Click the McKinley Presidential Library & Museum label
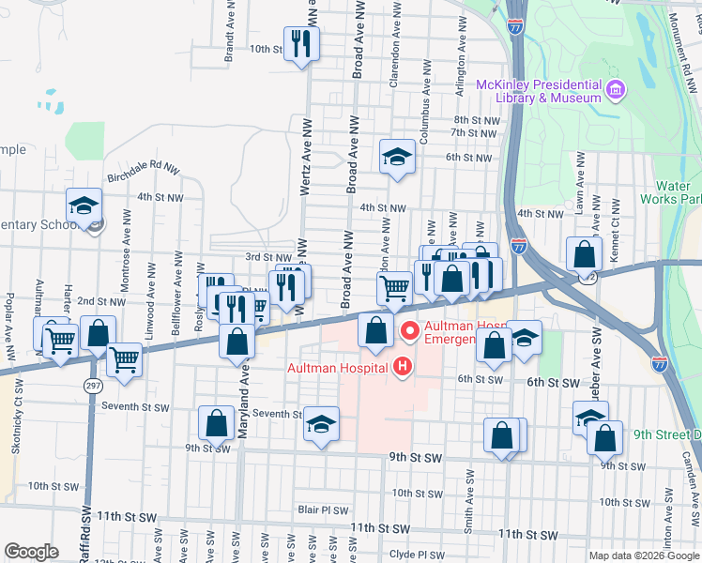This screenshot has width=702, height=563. (538, 91)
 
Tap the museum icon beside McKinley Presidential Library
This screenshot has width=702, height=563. (616, 90)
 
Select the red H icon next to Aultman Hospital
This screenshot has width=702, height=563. (404, 365)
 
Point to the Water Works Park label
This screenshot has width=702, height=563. (669, 192)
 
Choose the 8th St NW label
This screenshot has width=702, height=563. (473, 120)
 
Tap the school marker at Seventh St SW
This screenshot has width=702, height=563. (321, 426)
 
